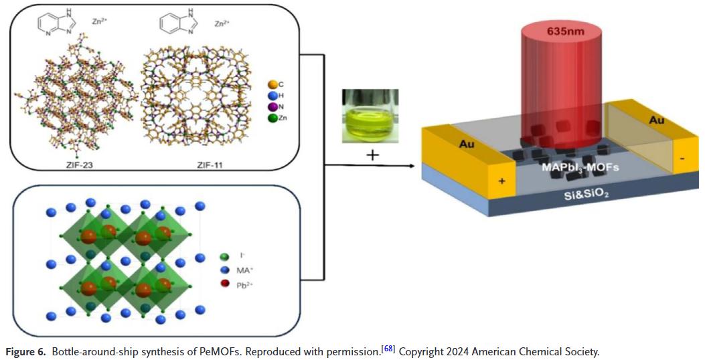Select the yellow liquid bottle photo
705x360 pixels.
click(370, 116)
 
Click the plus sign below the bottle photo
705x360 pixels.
click(372, 155)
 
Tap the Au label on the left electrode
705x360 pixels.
click(466, 143)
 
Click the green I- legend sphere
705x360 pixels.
click(225, 256)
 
